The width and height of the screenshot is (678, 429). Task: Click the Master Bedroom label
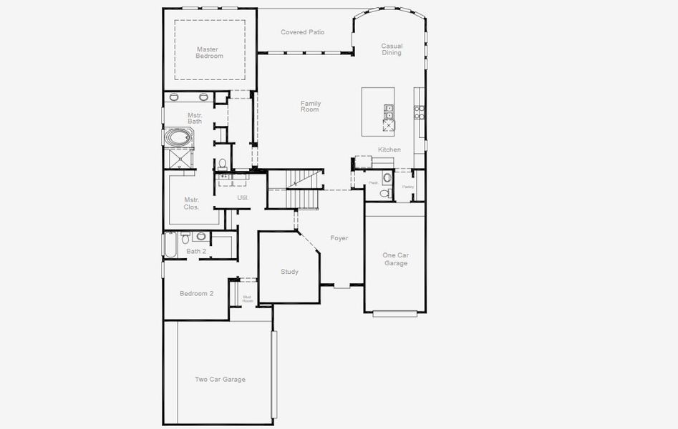pyautogui.click(x=210, y=52)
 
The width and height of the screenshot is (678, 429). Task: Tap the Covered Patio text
pyautogui.click(x=302, y=32)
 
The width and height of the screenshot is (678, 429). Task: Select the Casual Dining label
pyautogui.click(x=391, y=49)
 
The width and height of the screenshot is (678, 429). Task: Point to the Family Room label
pyautogui.click(x=310, y=107)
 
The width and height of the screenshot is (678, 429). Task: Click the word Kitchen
pyautogui.click(x=389, y=149)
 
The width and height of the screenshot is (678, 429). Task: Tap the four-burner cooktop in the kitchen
pyautogui.click(x=419, y=111)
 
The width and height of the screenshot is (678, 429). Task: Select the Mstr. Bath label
pyautogui.click(x=195, y=118)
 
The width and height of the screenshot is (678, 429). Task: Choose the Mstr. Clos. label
pyautogui.click(x=191, y=203)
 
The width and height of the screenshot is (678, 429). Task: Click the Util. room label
pyautogui.click(x=243, y=197)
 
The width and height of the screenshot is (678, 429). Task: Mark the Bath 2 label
pyautogui.click(x=196, y=251)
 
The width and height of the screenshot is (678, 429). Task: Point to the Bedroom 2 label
pyautogui.click(x=196, y=293)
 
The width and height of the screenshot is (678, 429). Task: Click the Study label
pyautogui.click(x=289, y=272)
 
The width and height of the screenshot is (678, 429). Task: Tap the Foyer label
pyautogui.click(x=339, y=238)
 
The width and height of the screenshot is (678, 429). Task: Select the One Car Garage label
pyautogui.click(x=395, y=259)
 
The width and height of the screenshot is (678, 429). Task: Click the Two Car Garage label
pyautogui.click(x=220, y=379)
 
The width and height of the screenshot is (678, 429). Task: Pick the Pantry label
pyautogui.click(x=408, y=187)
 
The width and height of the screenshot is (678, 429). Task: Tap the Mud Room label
pyautogui.click(x=247, y=299)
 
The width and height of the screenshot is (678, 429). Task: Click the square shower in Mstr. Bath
pyautogui.click(x=179, y=158)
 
